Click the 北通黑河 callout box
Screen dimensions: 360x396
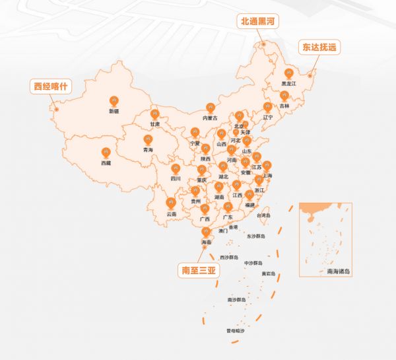pos(259,22)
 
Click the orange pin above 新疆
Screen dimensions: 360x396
pos(114,100)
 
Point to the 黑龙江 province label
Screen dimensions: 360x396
pos(289,84)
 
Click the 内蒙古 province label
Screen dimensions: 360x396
pos(210,118)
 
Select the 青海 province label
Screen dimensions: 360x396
pos(148,150)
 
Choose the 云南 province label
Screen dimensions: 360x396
pos(171,213)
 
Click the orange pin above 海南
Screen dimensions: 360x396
pos(207,232)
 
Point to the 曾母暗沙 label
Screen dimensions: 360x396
pos(234,330)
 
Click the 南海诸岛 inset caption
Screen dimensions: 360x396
pos(338,271)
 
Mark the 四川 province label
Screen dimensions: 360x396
pos(175,178)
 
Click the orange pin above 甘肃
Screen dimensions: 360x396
pos(154,113)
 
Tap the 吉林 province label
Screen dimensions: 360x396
pos(284,106)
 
